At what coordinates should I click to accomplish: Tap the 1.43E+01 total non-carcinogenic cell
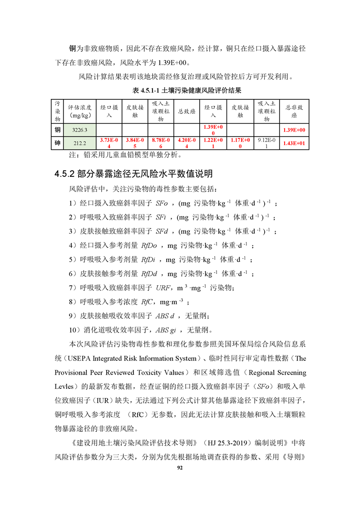pyautogui.click(x=294, y=143)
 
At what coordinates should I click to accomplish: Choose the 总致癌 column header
pyautogui.click(x=187, y=111)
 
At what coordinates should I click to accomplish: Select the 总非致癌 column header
pyautogui.click(x=294, y=111)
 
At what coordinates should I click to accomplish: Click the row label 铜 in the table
pyautogui.click(x=58, y=130)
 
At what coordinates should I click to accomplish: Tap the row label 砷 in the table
pyautogui.click(x=58, y=143)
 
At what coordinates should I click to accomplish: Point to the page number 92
pyautogui.click(x=180, y=468)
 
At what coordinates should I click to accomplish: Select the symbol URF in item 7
pyautogui.click(x=163, y=288)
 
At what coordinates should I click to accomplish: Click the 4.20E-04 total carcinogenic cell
pyautogui.click(x=187, y=143)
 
